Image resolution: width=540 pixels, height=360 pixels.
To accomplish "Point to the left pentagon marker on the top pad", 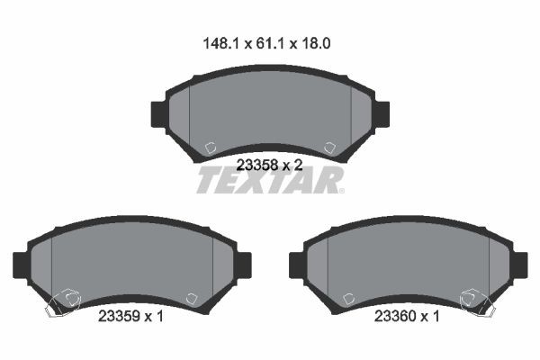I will click(209, 148).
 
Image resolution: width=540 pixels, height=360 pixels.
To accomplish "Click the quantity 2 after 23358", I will click(297, 165).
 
